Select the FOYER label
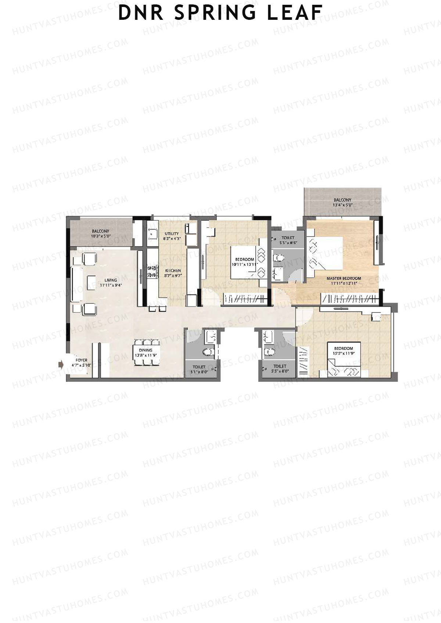tap(82, 360)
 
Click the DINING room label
tap(146, 350)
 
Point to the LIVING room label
tap(111, 280)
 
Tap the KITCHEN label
tap(172, 271)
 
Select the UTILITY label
tap(172, 233)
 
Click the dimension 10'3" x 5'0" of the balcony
tap(100, 236)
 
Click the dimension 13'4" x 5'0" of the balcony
tap(343, 205)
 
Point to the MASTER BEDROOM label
tap(344, 278)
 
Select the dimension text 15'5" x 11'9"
tap(344, 353)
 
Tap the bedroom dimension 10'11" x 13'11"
tap(244, 264)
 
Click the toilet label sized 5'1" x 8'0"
tap(199, 366)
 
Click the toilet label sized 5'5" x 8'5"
tap(288, 238)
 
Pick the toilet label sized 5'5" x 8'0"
tap(280, 366)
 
